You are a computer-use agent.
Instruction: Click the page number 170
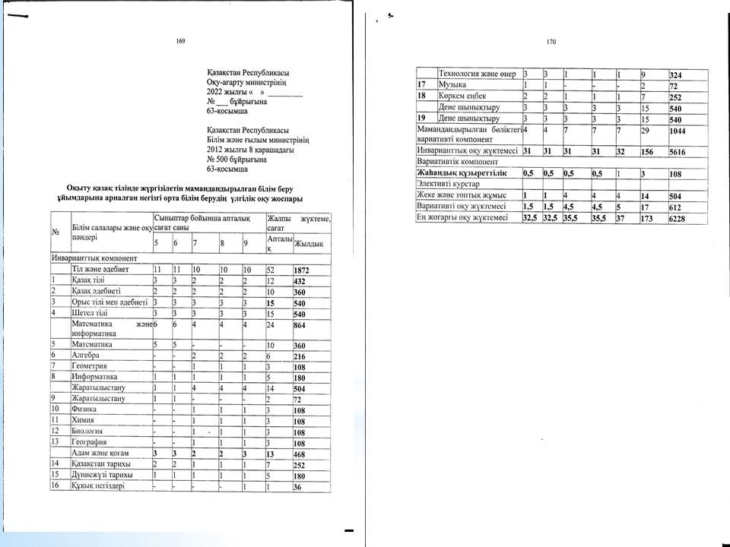click(x=552, y=43)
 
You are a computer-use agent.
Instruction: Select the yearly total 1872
click(x=304, y=270)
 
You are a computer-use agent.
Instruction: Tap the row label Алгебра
click(x=84, y=355)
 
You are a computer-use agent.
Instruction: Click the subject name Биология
click(x=87, y=431)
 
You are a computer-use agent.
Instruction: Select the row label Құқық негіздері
click(x=97, y=485)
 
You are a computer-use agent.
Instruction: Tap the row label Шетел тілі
click(x=88, y=312)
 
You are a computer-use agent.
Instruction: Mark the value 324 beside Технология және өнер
click(x=677, y=74)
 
